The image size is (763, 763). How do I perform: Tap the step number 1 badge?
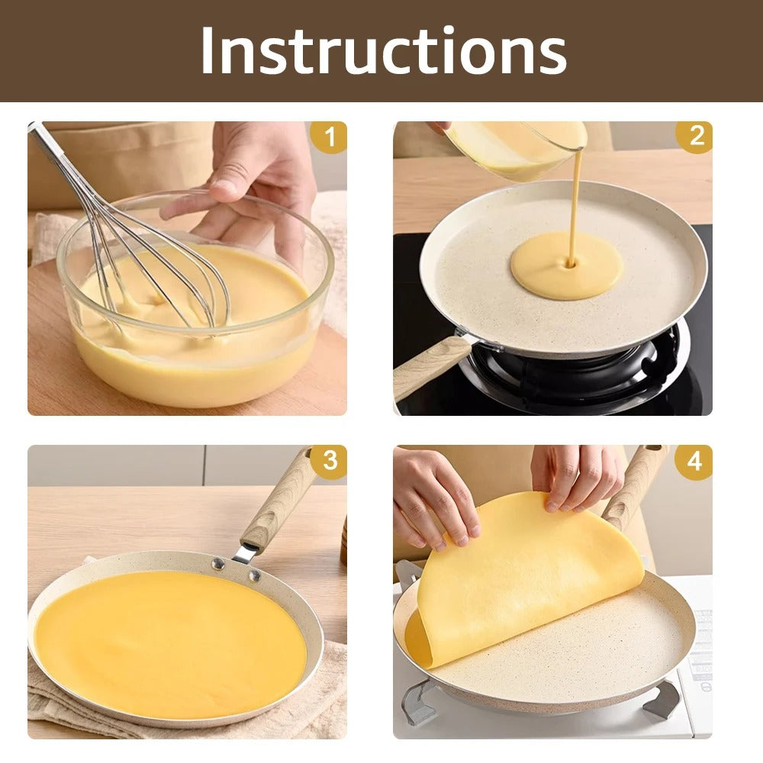coord(328,138)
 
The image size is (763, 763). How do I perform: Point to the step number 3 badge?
coord(328,462)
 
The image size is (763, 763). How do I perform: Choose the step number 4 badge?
coord(694,462)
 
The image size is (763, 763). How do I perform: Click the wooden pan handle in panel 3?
coord(278,500)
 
